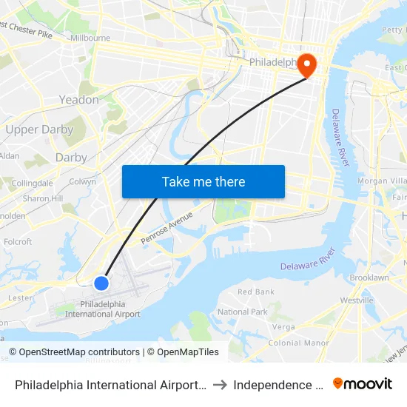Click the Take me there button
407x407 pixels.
pyautogui.click(x=203, y=181)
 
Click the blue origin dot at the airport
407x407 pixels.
pyautogui.click(x=101, y=283)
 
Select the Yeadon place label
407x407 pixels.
pyautogui.click(x=78, y=99)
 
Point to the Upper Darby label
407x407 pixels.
pyautogui.click(x=39, y=129)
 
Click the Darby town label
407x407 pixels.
pyautogui.click(x=71, y=157)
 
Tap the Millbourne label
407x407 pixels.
pyautogui.click(x=90, y=38)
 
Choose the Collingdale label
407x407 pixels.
pyautogui.click(x=32, y=183)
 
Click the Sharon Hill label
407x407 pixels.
pyautogui.click(x=42, y=198)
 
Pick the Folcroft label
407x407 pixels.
pyautogui.click(x=18, y=241)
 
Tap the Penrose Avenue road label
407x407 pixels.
pyautogui.click(x=166, y=224)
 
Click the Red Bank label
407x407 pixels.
pyautogui.click(x=256, y=292)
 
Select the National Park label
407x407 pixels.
pyautogui.click(x=243, y=312)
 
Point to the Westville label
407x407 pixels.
pyautogui.click(x=357, y=300)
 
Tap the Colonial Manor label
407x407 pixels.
pyautogui.click(x=298, y=343)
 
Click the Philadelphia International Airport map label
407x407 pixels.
pyautogui.click(x=103, y=309)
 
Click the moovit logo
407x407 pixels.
pyautogui.click(x=363, y=384)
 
